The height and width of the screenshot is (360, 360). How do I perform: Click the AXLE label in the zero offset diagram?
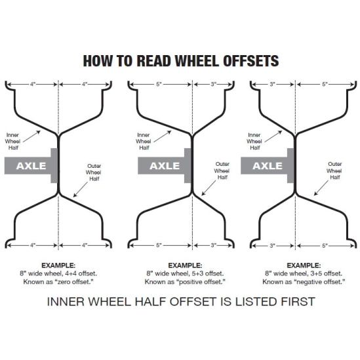31,166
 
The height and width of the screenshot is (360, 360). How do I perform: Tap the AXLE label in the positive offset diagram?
165,166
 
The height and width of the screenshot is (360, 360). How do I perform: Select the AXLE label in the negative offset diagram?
268,166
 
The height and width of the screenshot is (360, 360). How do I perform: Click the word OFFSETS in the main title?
250,61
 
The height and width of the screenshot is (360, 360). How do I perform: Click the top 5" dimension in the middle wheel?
159,84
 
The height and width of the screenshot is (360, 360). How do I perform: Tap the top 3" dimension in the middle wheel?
214,84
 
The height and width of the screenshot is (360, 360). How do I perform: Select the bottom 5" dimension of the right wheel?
325,246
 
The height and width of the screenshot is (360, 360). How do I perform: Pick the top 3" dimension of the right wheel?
272,84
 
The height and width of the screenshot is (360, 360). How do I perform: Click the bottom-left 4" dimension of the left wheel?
33,245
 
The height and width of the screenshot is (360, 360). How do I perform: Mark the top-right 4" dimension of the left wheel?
85,84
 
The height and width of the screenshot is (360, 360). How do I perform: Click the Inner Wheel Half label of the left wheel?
12,141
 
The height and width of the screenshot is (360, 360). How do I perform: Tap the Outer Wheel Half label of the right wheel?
334,170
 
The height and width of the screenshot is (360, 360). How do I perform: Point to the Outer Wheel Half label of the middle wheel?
222,170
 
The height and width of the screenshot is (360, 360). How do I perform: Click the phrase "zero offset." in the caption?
74,282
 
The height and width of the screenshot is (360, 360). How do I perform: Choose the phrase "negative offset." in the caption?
319,282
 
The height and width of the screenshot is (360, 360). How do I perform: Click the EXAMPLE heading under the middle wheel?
185,266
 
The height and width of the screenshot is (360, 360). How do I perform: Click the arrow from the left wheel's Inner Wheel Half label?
31,136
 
